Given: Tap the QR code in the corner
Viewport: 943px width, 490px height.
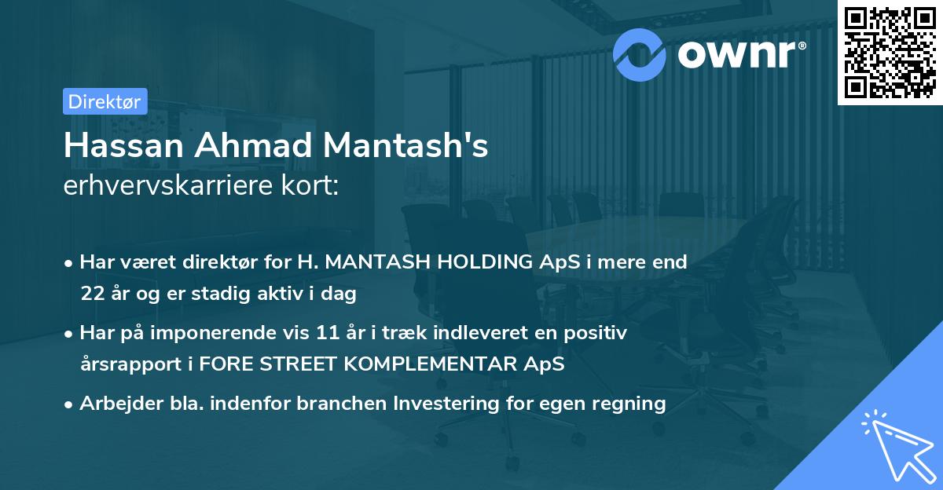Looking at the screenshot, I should (888, 52).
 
